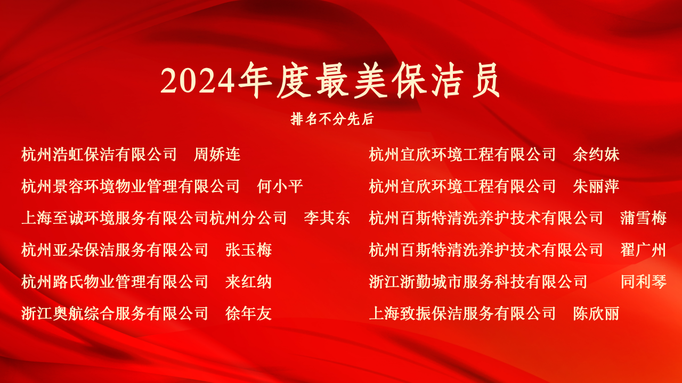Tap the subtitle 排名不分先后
[332, 119]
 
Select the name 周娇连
[217, 154]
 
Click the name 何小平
[280, 186]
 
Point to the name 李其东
[327, 218]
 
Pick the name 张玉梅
[248, 250]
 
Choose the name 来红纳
[248, 282]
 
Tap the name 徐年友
[248, 314]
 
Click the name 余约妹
[596, 154]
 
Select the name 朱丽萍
[596, 186]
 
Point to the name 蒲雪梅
[643, 218]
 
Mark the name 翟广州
[643, 250]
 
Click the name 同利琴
[644, 282]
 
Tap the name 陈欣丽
[596, 314]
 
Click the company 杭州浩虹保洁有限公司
[99, 154]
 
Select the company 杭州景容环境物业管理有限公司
[131, 186]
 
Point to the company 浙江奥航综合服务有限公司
[115, 314]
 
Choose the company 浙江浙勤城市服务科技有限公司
[478, 282]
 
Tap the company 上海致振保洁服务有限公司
[462, 314]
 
